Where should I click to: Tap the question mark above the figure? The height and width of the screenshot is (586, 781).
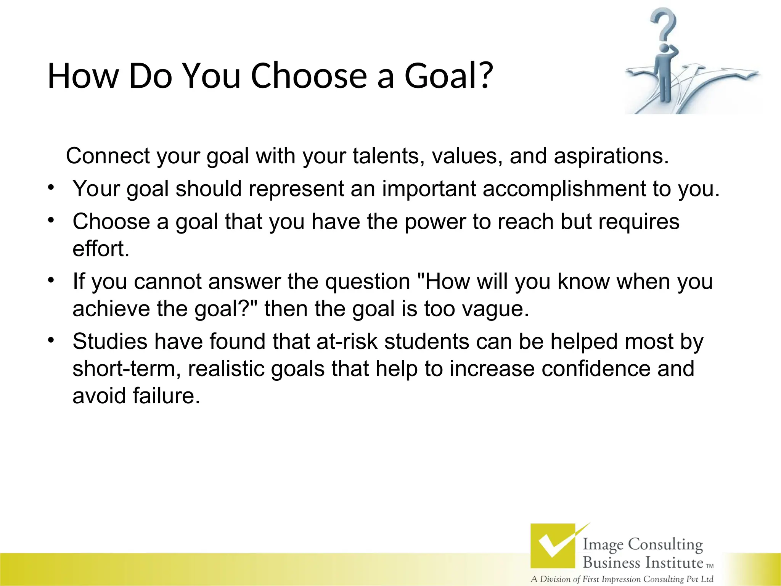tap(664, 25)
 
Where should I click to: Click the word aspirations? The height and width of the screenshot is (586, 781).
tap(611, 156)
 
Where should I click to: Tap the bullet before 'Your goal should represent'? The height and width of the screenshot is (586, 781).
tap(51, 187)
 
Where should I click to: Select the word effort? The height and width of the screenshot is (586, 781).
tap(101, 249)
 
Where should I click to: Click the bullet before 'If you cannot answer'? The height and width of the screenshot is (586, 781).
tap(51, 280)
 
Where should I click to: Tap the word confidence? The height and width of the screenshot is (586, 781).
tap(596, 369)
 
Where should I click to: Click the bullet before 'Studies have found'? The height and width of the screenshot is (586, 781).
tap(51, 340)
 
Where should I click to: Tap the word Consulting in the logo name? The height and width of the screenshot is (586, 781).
tap(665, 544)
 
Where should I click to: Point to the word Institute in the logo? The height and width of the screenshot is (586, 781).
tap(673, 562)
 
